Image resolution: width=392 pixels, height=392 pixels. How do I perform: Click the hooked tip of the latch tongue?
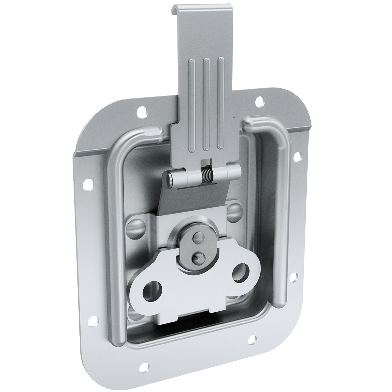[179, 9]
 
